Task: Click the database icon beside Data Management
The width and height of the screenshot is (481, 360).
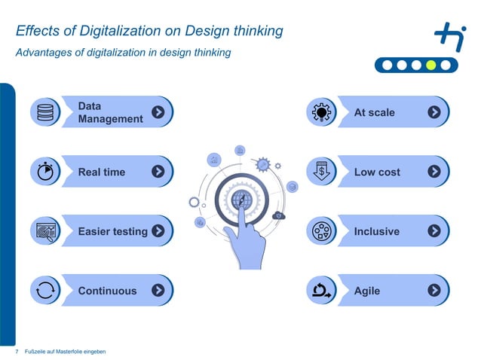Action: pos(45,113)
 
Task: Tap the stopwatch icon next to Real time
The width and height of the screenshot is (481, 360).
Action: pos(45,172)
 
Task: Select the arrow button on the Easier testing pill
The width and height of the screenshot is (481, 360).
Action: pos(158,231)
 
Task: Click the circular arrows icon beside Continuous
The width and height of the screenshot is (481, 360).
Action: pos(45,291)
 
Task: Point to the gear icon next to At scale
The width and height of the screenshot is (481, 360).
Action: pos(322,113)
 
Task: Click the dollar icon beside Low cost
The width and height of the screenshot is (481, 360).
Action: pos(322,172)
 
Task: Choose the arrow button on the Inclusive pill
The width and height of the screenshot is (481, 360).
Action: pos(434,231)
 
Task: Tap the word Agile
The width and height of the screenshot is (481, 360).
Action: pos(367,291)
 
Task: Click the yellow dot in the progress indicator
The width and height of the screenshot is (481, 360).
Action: pos(430,65)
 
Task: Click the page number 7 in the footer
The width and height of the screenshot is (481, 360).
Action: pos(17,352)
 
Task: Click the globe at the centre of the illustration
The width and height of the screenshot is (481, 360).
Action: pos(242,200)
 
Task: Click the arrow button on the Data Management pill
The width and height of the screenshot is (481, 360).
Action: pos(158,112)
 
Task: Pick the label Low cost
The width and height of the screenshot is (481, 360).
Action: pos(377,172)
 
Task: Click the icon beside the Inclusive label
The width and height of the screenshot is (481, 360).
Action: pos(322,231)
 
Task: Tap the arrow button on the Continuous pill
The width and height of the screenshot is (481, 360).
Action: pos(158,291)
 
